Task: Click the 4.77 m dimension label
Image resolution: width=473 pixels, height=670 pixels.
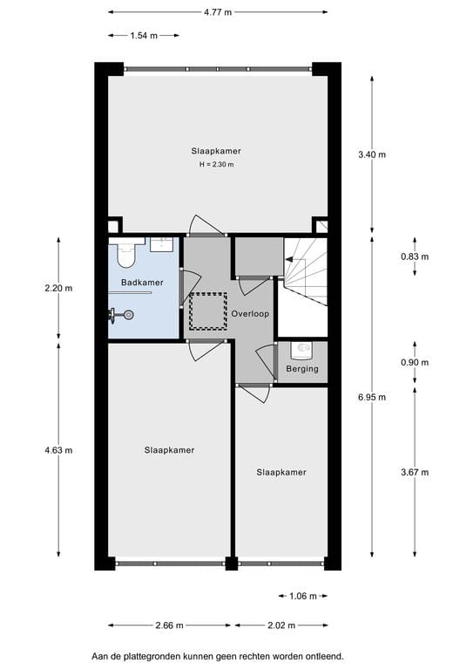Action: coord(218,12)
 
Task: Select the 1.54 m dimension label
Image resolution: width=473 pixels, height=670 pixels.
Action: coord(144,36)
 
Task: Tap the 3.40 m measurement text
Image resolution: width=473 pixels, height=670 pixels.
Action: coord(372,154)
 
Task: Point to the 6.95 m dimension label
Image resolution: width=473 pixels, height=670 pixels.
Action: coord(372,396)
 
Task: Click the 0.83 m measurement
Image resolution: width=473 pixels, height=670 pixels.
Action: coord(415,256)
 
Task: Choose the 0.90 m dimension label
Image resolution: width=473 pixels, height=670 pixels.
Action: coord(415,363)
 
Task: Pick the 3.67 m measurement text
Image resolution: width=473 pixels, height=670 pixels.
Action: coord(415,472)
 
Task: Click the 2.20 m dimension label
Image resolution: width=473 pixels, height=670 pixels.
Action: coord(58,288)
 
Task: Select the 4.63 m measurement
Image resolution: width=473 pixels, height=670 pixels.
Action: coord(58,450)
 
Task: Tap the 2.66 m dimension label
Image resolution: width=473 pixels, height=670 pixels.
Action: coord(169,626)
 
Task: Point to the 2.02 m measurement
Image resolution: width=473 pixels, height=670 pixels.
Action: coord(280,626)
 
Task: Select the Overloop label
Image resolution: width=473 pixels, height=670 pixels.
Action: coord(250,311)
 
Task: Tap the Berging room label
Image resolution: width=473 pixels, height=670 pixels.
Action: coord(301,369)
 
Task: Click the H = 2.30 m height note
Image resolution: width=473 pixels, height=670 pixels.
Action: coord(217,164)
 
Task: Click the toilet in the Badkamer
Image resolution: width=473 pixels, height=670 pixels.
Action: coord(125,254)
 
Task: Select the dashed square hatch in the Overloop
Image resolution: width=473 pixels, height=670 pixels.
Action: coord(207,311)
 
